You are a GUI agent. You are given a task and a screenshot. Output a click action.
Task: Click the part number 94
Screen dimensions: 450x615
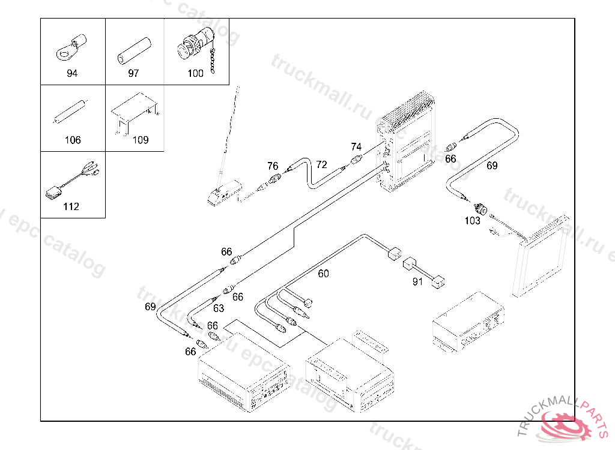coord(73,74)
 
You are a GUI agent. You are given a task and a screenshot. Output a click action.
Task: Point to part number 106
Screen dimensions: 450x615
coord(73,140)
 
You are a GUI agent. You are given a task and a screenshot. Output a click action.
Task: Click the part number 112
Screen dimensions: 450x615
coord(71,207)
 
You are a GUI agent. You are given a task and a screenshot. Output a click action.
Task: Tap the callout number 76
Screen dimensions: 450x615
coord(273,166)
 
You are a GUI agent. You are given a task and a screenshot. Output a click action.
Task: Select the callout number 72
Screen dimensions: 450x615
coord(322,164)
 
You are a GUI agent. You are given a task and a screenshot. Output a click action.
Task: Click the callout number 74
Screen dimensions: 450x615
coord(356,147)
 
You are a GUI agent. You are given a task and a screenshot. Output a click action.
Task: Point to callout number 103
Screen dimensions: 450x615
coord(473,221)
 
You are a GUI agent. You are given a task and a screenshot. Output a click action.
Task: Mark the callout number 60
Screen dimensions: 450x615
coord(324,274)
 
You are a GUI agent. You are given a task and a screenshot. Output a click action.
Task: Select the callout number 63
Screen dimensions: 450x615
coord(219,308)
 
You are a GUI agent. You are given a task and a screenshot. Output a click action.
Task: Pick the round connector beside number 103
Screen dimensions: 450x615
coord(480,208)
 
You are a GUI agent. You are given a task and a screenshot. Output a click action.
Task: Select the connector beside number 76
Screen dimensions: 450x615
coord(275,178)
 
